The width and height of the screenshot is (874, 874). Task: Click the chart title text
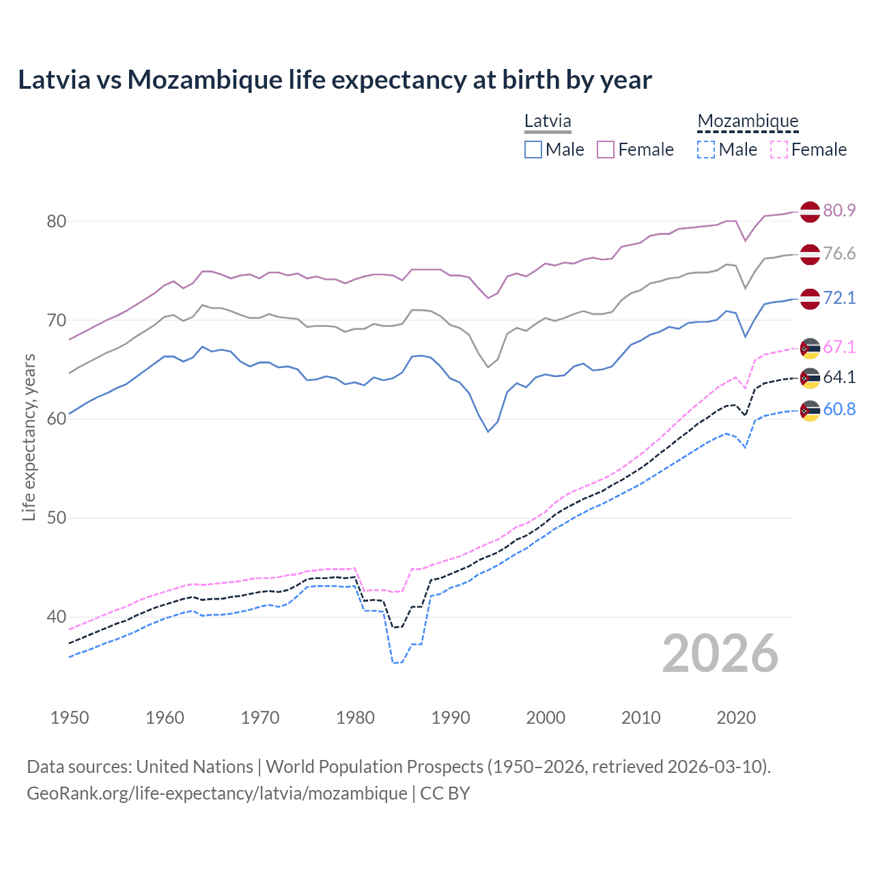(335, 80)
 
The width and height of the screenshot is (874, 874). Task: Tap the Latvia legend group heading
(548, 122)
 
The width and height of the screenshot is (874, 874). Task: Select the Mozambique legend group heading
(748, 122)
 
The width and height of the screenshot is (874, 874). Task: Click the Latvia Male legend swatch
(533, 150)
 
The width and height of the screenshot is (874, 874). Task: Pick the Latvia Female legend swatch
(606, 150)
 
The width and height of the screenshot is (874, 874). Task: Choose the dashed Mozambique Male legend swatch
(706, 150)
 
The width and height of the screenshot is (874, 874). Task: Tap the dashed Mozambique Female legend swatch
(779, 150)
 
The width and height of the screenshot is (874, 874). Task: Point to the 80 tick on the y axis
(57, 221)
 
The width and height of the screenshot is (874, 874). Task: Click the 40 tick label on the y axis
(57, 617)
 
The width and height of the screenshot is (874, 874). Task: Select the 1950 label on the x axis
(70, 718)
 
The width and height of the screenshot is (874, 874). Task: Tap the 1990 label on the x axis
(451, 718)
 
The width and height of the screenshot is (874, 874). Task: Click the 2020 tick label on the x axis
(736, 718)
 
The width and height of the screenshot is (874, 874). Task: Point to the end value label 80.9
(839, 211)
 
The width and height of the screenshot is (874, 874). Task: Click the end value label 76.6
(839, 254)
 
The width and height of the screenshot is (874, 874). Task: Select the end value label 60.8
(839, 410)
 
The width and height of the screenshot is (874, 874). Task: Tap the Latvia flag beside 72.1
(809, 298)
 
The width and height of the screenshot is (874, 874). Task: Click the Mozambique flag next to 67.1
(809, 348)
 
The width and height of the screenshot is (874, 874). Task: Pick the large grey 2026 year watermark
(720, 654)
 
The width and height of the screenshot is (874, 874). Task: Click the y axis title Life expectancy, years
(29, 437)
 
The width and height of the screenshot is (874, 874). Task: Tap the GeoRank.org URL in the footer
(217, 793)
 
